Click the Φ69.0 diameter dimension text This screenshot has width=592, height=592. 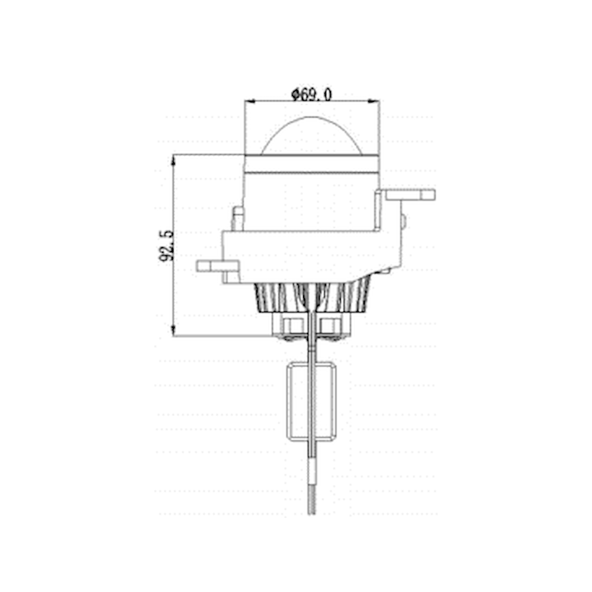pyautogui.click(x=312, y=94)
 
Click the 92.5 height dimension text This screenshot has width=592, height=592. pyautogui.click(x=166, y=246)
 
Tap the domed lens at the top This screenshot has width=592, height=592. pyautogui.click(x=312, y=136)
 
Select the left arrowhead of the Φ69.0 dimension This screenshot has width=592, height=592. pyautogui.click(x=250, y=101)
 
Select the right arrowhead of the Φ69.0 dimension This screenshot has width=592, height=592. pyautogui.click(x=374, y=101)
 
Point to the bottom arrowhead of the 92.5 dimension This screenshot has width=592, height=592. pyautogui.click(x=173, y=330)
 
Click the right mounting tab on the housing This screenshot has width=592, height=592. pyautogui.click(x=410, y=195)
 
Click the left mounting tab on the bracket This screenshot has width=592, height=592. pyautogui.click(x=217, y=266)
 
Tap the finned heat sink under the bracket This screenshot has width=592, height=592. pyautogui.click(x=312, y=298)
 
